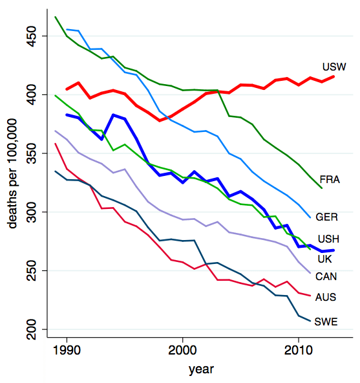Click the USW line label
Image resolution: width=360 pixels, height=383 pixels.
[334, 67]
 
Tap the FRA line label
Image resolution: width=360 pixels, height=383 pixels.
[330, 179]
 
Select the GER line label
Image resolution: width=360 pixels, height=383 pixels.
[330, 216]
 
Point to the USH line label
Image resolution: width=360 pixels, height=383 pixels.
[329, 240]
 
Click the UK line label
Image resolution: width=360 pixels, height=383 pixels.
[325, 258]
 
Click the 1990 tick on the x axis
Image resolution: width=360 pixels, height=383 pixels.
[67, 350]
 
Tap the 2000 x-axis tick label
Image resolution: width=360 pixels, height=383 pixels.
[183, 350]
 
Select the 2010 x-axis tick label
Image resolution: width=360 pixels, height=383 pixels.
[298, 350]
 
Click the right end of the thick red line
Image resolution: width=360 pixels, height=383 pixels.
[333, 76]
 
